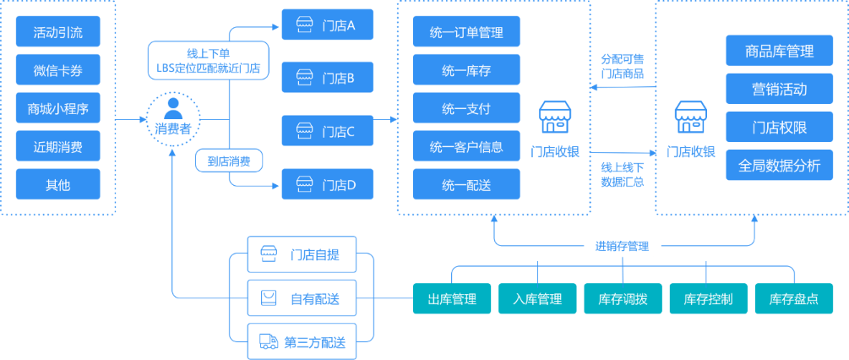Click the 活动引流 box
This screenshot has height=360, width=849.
[x=58, y=31]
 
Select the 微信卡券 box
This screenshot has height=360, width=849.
[x=58, y=69]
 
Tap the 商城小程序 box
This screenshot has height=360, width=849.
[x=58, y=107]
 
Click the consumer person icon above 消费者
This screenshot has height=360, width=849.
[x=173, y=108]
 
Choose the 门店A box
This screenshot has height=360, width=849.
[x=328, y=25]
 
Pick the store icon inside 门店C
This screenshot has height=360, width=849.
[x=304, y=130]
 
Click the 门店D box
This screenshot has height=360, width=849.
[x=328, y=184]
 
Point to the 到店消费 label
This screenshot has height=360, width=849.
[x=229, y=161]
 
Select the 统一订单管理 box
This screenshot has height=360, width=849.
[x=466, y=31]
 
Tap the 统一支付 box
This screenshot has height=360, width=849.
[x=466, y=107]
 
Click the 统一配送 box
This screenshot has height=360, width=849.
[x=466, y=184]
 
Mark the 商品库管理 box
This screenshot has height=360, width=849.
[x=779, y=51]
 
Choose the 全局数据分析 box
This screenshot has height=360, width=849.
[x=779, y=165]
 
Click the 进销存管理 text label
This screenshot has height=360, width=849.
[x=622, y=246]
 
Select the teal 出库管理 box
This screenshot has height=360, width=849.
[x=452, y=298]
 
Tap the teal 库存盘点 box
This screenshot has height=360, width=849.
[x=794, y=298]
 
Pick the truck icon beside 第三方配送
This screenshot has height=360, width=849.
[x=269, y=341]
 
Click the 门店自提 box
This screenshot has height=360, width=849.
[x=302, y=254]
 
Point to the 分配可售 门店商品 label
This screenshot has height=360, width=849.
[x=623, y=66]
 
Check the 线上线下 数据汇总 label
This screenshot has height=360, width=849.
[x=623, y=174]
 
